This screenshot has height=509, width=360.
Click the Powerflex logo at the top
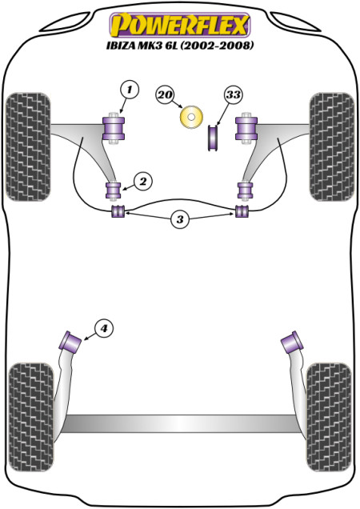(180, 25)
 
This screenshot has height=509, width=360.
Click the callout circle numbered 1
(130, 89)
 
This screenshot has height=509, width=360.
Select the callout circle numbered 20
(165, 94)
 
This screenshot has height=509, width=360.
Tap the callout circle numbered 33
(233, 94)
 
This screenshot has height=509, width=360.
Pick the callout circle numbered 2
(143, 182)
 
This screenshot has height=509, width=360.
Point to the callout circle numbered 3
(180, 219)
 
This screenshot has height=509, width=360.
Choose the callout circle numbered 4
(103, 329)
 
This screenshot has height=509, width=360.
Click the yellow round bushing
(191, 117)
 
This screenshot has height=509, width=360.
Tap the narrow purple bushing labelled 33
(213, 138)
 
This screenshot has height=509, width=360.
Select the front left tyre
(28, 146)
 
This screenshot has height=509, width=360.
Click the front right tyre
(332, 146)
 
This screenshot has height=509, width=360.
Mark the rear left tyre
(31, 418)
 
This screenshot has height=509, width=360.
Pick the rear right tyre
(329, 418)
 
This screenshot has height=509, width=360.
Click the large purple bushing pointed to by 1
(114, 128)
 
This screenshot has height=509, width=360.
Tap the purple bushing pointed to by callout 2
(114, 190)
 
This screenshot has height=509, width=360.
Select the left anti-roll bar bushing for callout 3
(118, 211)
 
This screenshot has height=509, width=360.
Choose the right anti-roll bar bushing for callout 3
(242, 211)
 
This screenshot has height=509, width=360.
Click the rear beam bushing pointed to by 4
(70, 341)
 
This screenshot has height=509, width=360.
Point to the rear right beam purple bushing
(292, 342)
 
